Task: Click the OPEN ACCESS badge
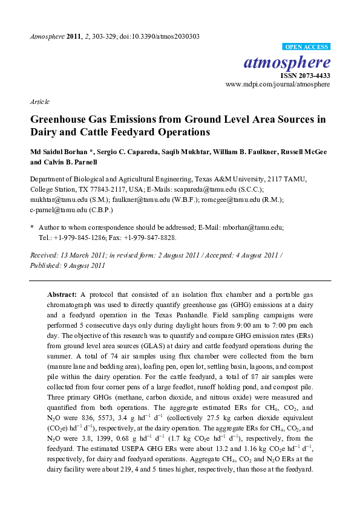306,46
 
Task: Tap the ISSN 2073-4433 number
305,76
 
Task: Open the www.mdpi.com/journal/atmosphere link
278,85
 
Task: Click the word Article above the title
39,102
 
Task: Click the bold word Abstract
61,293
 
